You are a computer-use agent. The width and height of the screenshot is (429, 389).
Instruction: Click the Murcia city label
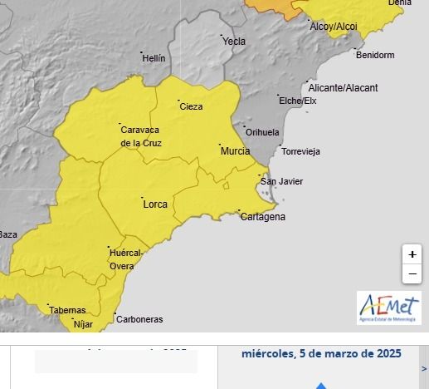tap(235, 151)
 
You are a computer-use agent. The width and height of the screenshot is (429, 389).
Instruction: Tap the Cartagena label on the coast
tap(262, 217)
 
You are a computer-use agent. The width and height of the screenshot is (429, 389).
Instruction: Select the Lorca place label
tap(155, 204)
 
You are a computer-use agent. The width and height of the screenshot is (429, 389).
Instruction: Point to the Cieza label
tap(191, 106)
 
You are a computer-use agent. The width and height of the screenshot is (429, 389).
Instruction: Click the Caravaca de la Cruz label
tap(141, 136)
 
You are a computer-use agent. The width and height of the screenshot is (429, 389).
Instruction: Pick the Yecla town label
tap(234, 41)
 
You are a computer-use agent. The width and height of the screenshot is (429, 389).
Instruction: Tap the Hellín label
tap(154, 58)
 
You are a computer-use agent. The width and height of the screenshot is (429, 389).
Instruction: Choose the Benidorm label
tap(374, 56)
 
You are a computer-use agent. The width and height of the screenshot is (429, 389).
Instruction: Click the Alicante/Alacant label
tap(343, 87)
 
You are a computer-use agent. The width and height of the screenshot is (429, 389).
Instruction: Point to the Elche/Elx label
tap(298, 101)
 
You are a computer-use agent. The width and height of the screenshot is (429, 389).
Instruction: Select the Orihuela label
tap(262, 132)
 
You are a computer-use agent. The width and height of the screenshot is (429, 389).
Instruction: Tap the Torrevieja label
tap(300, 151)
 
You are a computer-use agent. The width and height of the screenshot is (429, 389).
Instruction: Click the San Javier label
tap(281, 181)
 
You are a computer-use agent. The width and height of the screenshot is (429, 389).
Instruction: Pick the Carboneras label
tap(139, 319)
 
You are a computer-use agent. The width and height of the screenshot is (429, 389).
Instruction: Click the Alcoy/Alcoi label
tap(333, 27)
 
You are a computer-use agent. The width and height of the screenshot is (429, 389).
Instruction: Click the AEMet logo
tap(389, 307)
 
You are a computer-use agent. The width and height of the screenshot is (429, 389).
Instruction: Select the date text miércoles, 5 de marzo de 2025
tap(321, 353)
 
